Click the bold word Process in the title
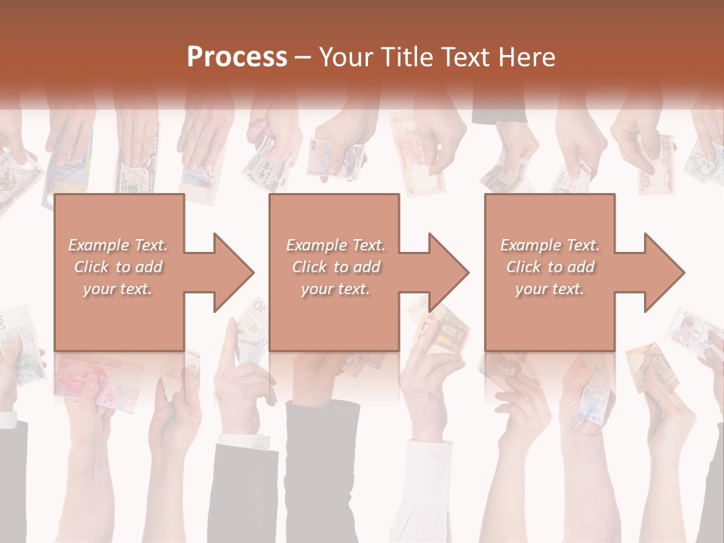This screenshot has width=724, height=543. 237,57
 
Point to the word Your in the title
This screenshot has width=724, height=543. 348,57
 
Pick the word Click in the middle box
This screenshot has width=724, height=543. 308,267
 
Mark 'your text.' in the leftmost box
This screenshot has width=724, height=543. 118,289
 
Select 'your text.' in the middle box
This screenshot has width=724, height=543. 335,289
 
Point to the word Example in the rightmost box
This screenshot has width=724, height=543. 529,245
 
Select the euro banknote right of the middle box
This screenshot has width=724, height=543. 441,324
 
